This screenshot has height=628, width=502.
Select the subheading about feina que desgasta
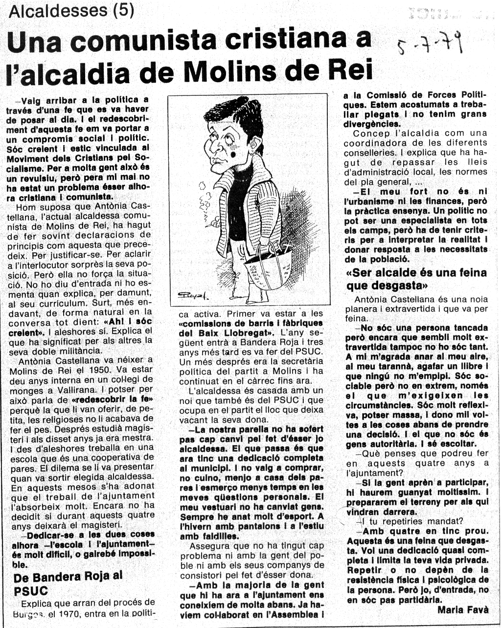pos(416,279)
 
